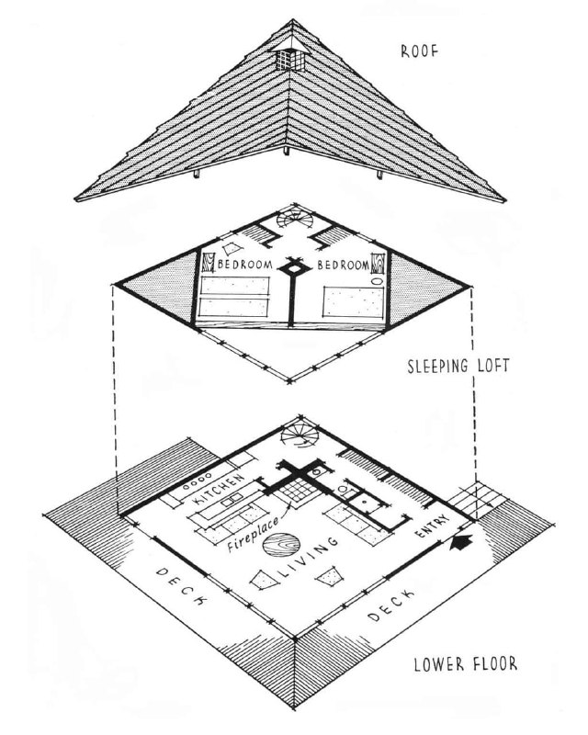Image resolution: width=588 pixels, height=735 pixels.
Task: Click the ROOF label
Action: coord(419,51)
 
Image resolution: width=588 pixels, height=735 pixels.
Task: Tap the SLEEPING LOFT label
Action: coord(458,366)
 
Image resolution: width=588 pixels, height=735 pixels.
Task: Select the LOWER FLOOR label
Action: coord(465,663)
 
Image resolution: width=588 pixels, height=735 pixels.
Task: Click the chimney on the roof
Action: coord(290,57)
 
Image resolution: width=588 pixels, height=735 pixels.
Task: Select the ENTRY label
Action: coord(433,526)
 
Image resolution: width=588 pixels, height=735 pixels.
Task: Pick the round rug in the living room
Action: coord(281,545)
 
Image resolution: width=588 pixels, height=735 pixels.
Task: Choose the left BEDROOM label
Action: coord(245,264)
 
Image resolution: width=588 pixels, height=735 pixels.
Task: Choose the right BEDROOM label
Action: coord(344,265)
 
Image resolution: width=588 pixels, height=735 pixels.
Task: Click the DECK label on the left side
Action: coord(182,586)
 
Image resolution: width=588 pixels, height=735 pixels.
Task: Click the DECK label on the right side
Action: coord(390,605)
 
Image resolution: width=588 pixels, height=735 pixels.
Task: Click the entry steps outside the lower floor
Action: coord(478,501)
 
